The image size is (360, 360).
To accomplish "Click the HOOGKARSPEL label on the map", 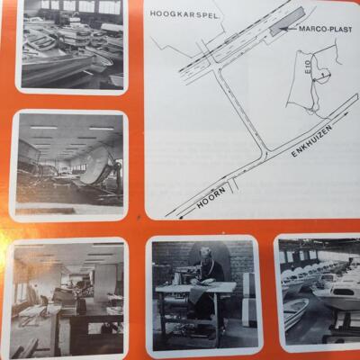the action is pos(184,13).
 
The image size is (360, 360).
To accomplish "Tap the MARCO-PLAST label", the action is pos(325,29).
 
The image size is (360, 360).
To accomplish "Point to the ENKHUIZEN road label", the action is pos(312,141).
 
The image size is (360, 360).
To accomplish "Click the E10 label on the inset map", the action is pos(310,70).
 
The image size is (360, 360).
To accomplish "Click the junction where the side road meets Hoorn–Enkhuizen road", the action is pos(265,152).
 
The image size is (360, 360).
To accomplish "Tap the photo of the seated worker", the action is pos(205,294).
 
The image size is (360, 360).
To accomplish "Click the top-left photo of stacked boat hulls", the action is pos(72,45).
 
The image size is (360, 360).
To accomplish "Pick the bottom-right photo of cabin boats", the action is pos(318,292).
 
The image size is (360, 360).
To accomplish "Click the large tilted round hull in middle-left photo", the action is pos(96,166).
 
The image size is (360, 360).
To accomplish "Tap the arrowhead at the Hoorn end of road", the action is pos(181,217).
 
